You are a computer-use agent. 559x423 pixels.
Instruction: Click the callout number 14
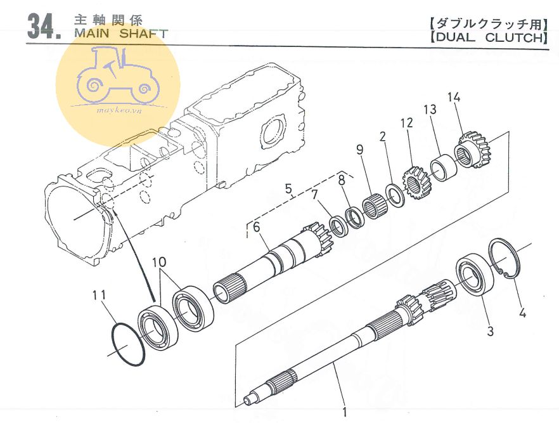[454, 97]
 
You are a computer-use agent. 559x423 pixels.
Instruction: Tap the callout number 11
[100, 295]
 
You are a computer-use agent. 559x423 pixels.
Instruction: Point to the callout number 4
[522, 313]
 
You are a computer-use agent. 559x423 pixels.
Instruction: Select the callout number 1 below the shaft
[344, 412]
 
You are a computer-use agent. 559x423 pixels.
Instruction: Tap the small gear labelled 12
[416, 184]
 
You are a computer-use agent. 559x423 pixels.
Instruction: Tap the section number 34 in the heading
[44, 27]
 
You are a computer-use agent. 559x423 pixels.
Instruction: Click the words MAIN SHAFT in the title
[121, 34]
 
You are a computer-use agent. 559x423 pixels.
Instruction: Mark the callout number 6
[257, 227]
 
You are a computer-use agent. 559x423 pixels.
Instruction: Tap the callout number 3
[490, 330]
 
